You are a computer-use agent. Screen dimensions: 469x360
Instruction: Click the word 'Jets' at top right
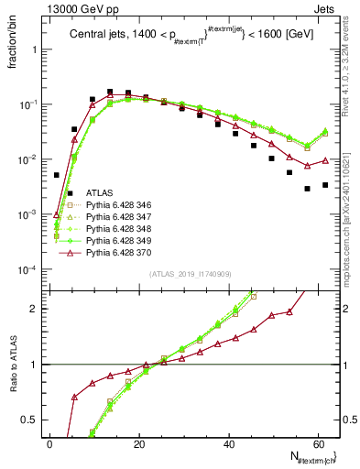point(326,8)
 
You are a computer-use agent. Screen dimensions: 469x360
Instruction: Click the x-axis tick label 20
point(138,443)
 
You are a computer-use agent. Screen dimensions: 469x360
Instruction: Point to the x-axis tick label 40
point(227,443)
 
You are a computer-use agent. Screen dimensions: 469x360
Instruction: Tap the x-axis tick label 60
point(316,443)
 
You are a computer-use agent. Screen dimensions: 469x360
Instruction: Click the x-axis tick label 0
point(49,443)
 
